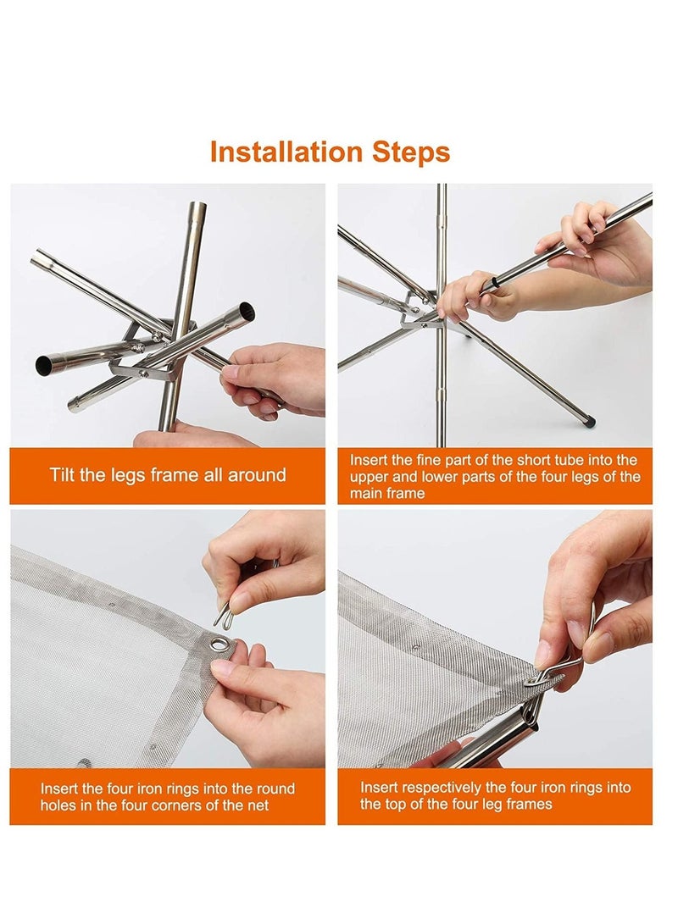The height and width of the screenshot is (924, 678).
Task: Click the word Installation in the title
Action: pos(286,152)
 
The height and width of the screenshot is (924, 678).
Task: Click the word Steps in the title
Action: pos(410,153)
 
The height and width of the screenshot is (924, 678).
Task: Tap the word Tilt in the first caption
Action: pos(62,474)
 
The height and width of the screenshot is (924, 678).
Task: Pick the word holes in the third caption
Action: pos(57,805)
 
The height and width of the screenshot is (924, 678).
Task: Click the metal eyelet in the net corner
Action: pos(220,643)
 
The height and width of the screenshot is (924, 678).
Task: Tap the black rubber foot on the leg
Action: pos(590,421)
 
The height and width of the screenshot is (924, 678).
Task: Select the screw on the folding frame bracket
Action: pos(143,373)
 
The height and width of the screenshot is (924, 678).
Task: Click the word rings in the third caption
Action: pos(201,789)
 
